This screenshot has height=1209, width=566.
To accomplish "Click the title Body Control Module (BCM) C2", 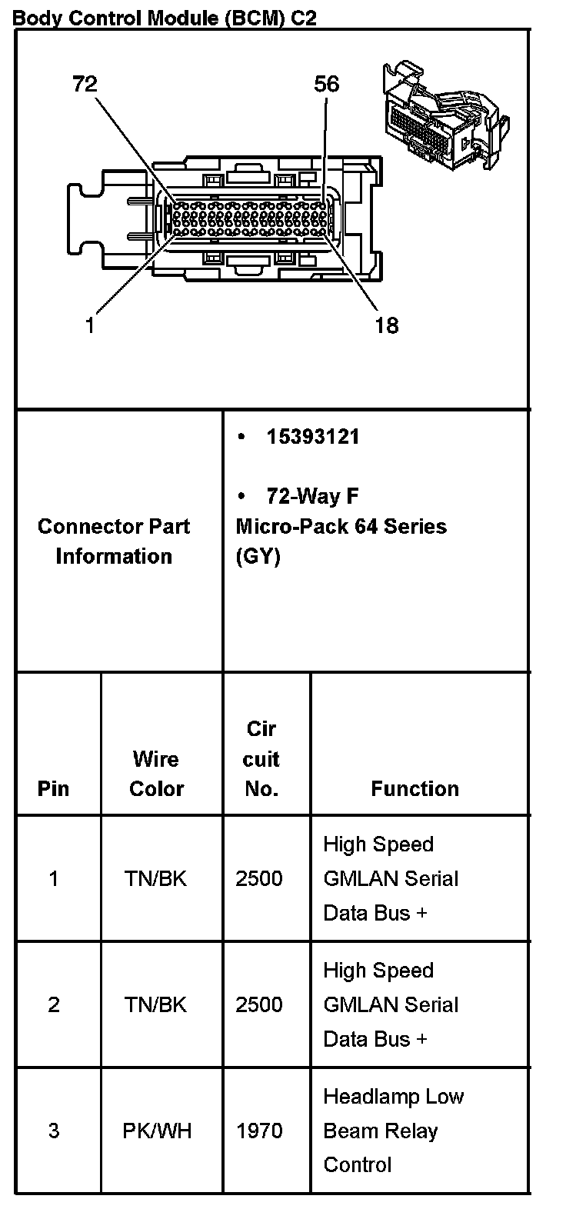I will [165, 16].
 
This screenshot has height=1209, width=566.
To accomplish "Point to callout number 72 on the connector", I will [85, 84].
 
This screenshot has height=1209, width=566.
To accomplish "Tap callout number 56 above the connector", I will [326, 84].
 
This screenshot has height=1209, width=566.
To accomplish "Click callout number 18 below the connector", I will [386, 325].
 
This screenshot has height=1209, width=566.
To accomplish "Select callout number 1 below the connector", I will [90, 325].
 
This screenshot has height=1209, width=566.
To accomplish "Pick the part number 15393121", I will [312, 437].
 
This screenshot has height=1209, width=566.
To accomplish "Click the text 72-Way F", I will [312, 496].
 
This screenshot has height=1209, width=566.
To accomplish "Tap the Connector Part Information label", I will [114, 541].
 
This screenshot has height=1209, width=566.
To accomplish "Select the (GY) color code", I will [258, 556].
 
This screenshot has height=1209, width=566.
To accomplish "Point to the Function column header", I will [415, 788].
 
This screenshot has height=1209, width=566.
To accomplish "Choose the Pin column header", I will [53, 788].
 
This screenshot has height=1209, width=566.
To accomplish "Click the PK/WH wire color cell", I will [156, 1131].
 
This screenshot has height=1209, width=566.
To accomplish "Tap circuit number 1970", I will [259, 1131].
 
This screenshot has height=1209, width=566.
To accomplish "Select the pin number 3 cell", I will [53, 1131].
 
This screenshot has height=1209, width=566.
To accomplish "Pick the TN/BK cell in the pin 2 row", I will [156, 1004].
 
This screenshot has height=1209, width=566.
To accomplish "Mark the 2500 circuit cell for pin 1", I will [259, 878].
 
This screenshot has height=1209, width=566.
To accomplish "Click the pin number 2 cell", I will [53, 1004].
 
